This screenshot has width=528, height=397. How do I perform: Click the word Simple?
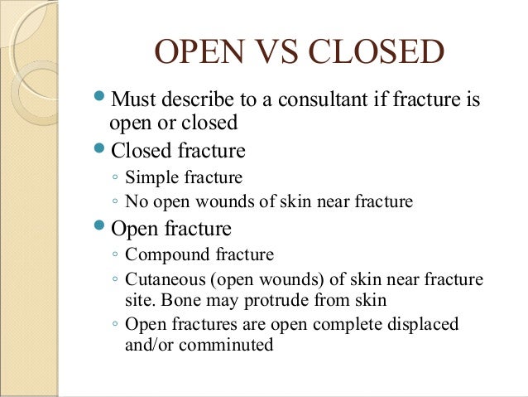coord(151,177)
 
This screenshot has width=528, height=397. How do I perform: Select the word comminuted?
coord(225,342)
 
